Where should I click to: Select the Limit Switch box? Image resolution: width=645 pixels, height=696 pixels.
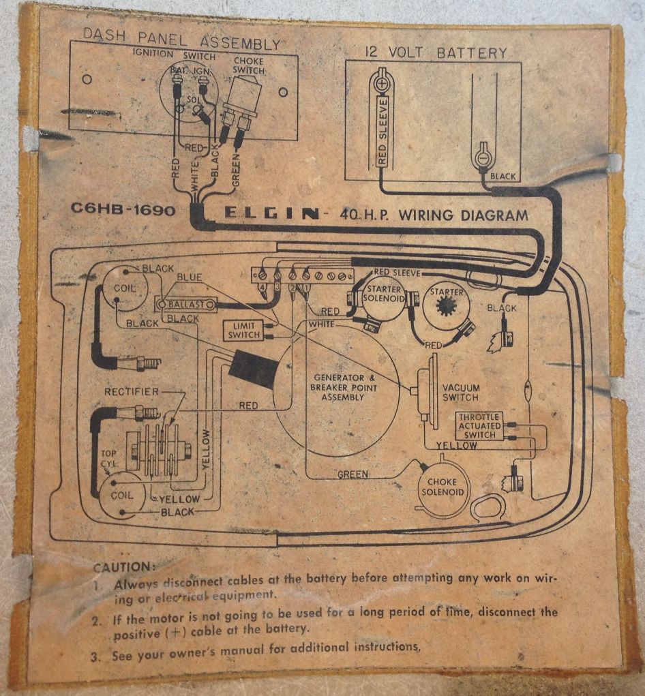tap(243, 331)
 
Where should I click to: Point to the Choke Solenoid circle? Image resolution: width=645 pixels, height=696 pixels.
tap(442, 487)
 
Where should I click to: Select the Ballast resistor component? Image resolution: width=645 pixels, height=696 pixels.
tap(186, 305)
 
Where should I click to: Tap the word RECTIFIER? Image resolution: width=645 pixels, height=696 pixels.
tap(132, 391)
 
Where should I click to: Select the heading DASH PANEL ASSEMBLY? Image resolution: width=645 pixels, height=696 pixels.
tap(181, 44)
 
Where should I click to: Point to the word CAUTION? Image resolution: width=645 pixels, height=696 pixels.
tap(124, 566)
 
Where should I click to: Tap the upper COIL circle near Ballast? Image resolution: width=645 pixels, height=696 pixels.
tap(124, 288)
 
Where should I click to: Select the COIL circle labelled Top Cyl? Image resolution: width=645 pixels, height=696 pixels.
tap(123, 495)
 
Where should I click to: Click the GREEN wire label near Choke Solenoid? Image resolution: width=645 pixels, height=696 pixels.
tap(352, 474)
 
